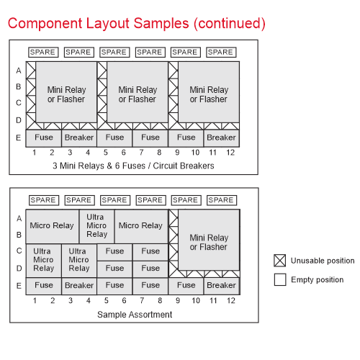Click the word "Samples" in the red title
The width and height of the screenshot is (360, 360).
point(161,24)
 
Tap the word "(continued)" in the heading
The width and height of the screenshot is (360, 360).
point(230,24)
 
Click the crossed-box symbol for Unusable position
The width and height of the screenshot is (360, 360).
point(280,261)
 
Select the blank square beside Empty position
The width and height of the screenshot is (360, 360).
point(280,279)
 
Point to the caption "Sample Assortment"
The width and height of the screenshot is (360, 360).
point(135,315)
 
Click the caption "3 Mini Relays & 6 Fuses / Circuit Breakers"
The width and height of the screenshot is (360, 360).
point(133,166)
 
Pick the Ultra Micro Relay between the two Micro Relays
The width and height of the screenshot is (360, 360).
point(97,226)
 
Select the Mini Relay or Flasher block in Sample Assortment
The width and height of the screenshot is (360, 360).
point(209,240)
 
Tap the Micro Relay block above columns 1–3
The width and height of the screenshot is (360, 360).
point(53,226)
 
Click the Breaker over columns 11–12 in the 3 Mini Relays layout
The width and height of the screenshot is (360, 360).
point(221,138)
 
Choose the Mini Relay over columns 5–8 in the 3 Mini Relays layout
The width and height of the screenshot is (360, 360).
point(138,92)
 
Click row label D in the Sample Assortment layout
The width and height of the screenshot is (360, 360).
point(19,268)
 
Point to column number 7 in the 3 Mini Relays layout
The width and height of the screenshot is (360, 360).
point(142,153)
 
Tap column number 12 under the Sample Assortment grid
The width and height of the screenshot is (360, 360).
point(231,300)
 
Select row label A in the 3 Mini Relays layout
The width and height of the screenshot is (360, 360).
point(19,71)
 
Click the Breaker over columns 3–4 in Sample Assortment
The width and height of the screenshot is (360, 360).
point(79,286)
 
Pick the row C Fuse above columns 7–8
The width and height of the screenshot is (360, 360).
point(150,252)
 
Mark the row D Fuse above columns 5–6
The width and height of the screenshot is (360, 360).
point(114,269)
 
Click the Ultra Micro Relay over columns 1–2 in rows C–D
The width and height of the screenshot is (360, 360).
point(43,261)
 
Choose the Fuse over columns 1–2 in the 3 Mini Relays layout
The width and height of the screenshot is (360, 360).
point(44,138)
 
